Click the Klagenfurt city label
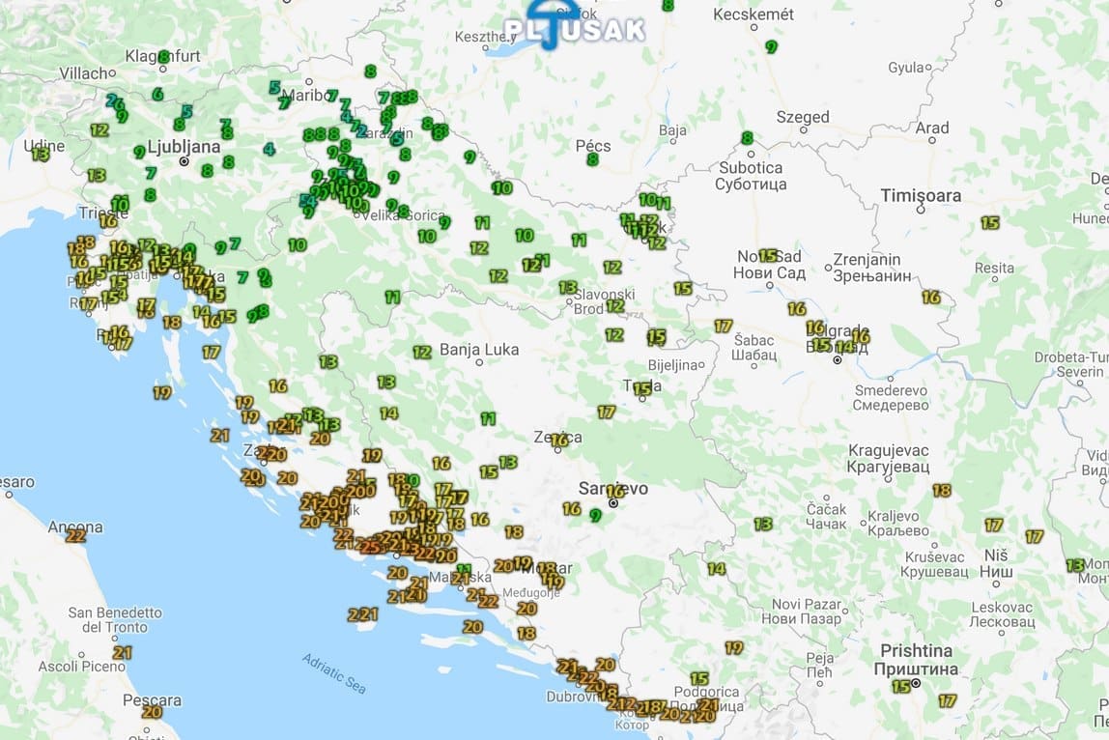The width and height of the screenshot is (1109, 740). click(161, 56)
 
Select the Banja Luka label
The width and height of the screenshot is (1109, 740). click(479, 350)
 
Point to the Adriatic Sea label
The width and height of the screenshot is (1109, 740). click(334, 673)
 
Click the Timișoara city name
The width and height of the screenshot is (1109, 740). click(921, 196)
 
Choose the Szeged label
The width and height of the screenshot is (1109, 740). click(803, 117)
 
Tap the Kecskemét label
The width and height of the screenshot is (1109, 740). click(754, 14)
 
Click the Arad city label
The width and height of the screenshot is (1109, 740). click(932, 128)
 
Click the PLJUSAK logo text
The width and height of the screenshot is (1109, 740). click(575, 29)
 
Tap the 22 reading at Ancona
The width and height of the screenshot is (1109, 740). click(75, 535)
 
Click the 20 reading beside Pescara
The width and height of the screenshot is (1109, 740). click(152, 712)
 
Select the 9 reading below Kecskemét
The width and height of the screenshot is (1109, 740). click(771, 46)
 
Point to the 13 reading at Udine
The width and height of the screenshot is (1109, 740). click(41, 154)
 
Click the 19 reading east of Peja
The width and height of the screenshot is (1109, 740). click(733, 647)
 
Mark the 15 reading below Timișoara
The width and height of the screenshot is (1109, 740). click(989, 223)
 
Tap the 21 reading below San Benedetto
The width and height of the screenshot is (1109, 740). click(122, 652)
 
